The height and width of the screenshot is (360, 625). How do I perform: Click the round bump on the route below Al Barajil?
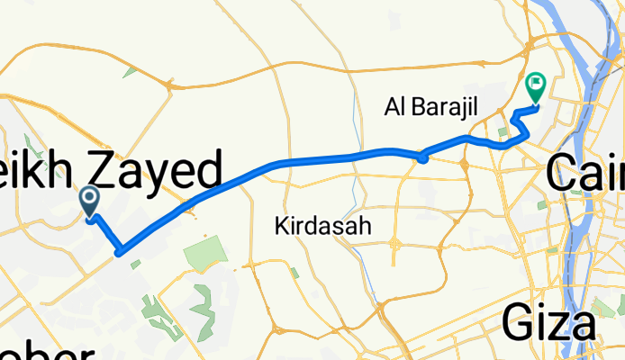421,158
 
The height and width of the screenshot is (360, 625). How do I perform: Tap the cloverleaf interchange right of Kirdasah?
395,244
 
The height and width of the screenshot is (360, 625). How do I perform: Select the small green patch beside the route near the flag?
503,134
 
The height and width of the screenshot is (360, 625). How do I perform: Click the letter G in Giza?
518,321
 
